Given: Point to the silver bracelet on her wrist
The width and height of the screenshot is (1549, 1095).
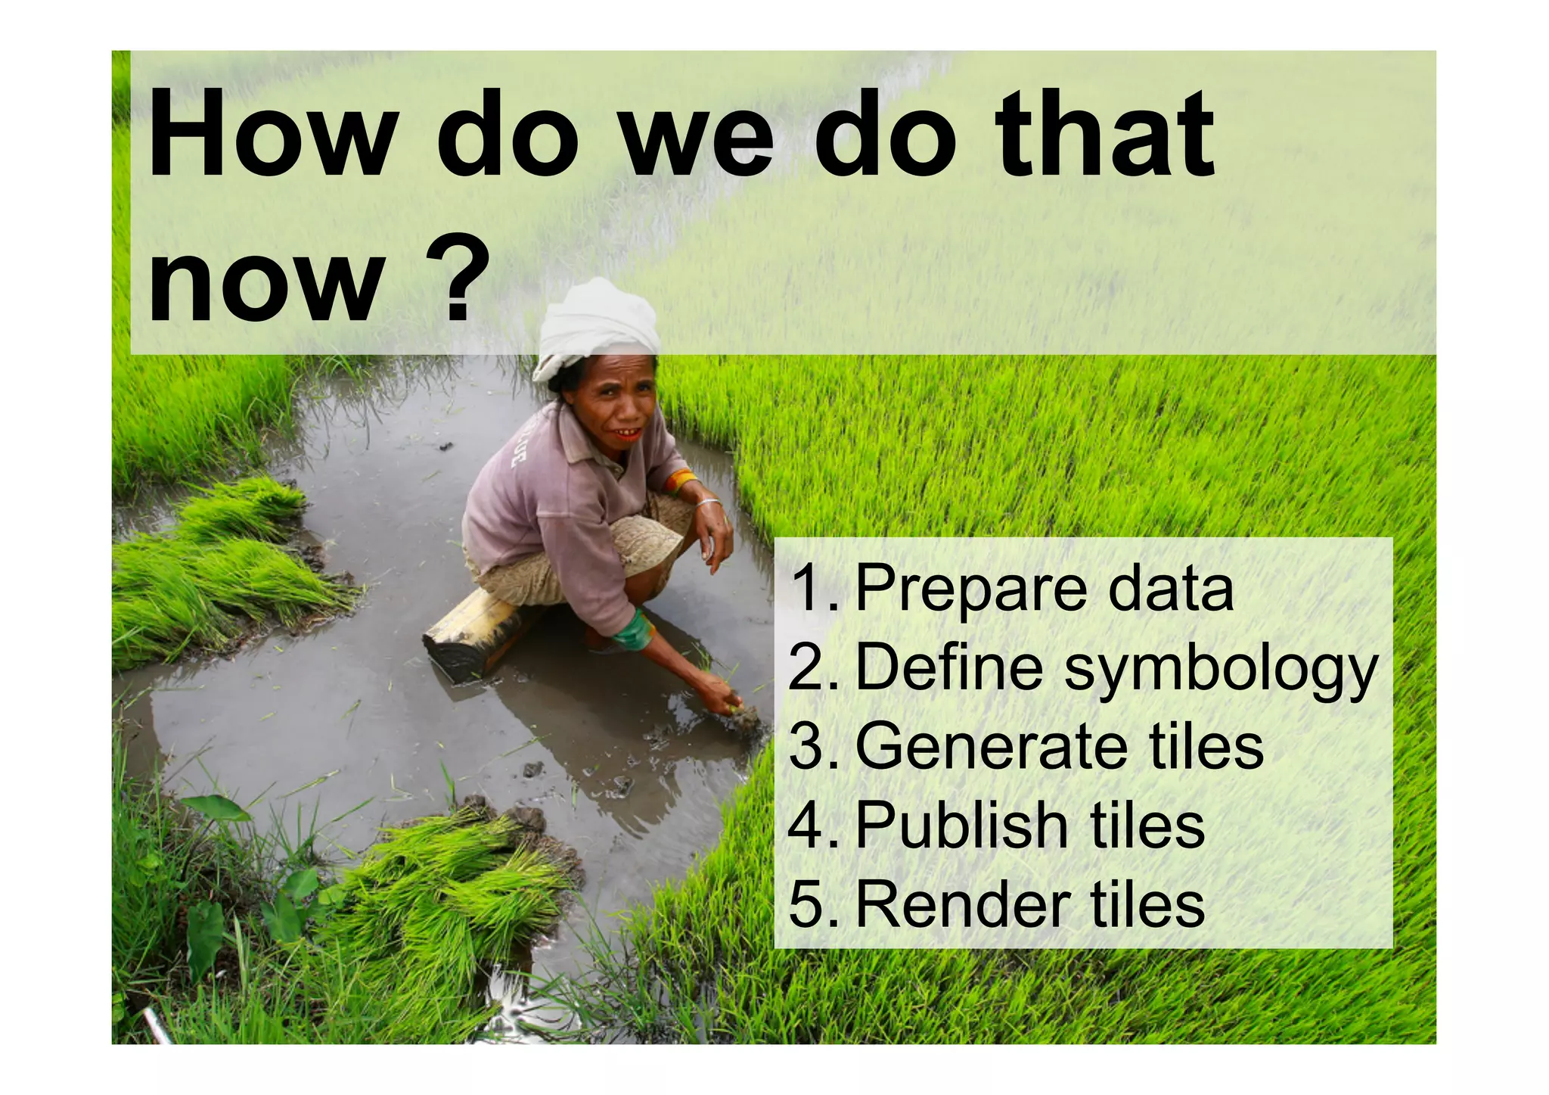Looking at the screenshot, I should (707, 502).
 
